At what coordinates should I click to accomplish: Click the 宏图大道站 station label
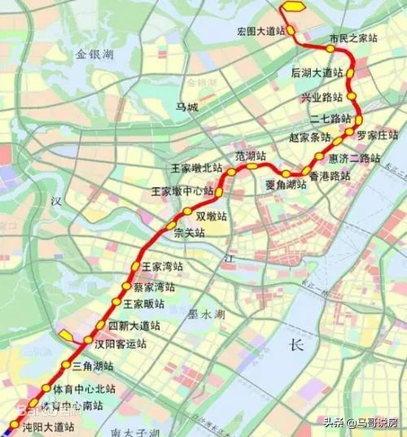260,31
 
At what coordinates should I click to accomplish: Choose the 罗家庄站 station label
376,135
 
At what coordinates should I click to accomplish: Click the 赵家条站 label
310,138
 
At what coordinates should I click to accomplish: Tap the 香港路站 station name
330,176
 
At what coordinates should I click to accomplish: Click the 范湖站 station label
251,155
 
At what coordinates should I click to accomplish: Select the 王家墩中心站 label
183,192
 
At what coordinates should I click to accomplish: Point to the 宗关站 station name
190,233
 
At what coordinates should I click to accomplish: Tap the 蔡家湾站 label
155,287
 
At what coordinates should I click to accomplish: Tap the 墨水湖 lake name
206,313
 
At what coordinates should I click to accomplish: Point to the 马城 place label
186,107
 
